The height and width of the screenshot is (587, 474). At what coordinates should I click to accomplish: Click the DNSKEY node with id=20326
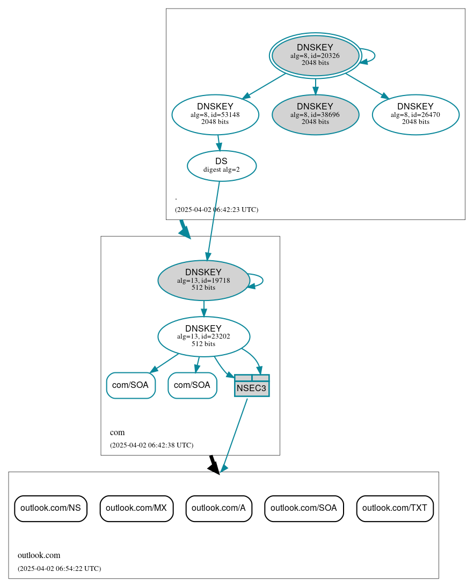[x=315, y=55]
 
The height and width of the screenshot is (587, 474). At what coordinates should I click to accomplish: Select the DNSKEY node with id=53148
[x=215, y=114]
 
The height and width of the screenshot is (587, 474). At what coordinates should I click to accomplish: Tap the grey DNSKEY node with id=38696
[x=315, y=114]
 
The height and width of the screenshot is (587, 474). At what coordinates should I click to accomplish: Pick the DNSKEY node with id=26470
[x=415, y=114]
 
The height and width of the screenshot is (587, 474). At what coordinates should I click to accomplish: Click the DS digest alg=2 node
[x=222, y=166]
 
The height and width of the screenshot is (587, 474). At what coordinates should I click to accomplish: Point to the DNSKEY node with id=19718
[x=203, y=280]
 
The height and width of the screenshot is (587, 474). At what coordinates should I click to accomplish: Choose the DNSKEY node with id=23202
[x=203, y=336]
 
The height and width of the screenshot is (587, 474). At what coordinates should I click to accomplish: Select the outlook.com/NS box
[x=50, y=508]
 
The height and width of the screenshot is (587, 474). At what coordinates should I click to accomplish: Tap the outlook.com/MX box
[x=136, y=508]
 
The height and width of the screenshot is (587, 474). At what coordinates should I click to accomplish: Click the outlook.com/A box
[x=218, y=508]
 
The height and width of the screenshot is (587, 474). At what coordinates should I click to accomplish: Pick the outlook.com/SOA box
[x=304, y=508]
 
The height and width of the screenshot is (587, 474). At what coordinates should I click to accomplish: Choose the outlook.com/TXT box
[x=395, y=508]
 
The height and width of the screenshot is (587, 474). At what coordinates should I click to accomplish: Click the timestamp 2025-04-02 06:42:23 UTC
[x=216, y=210]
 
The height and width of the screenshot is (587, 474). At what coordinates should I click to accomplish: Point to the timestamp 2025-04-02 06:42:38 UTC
[x=151, y=445]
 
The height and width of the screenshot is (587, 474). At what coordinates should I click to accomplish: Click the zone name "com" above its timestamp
[x=117, y=432]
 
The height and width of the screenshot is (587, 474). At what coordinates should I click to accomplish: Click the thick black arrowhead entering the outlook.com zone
[x=214, y=468]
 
